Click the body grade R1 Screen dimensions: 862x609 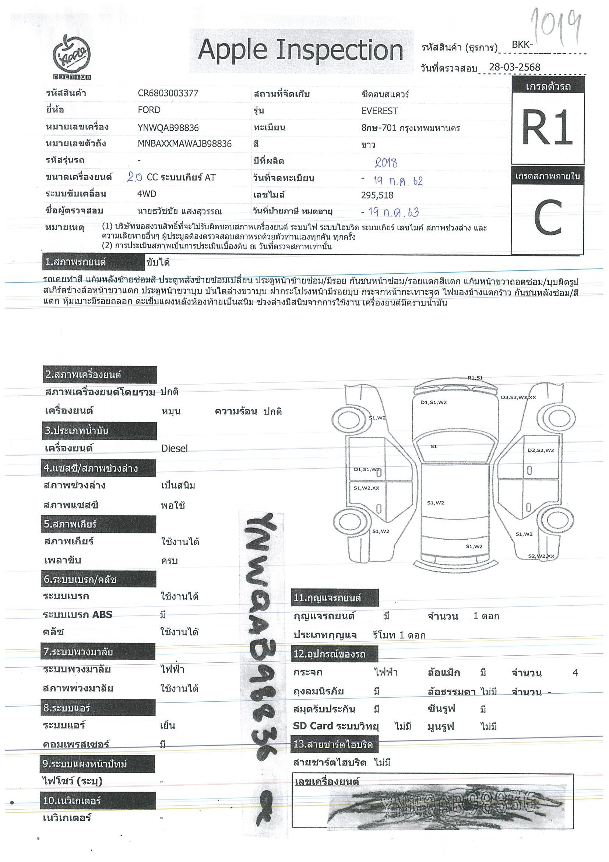point(547,128)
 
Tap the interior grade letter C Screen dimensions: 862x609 point(548,218)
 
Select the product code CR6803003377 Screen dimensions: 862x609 point(168,94)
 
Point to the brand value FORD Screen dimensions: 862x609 point(149,110)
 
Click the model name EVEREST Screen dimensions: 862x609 point(379,111)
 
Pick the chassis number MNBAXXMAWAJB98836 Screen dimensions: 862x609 point(184,144)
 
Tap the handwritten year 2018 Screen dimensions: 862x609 point(386,162)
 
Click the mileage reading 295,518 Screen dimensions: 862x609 point(377,195)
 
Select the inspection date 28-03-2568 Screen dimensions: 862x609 point(514,67)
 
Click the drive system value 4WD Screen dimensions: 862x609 point(147,194)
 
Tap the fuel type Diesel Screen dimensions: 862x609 point(174,448)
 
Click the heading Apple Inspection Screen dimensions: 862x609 point(300,50)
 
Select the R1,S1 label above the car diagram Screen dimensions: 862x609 point(475,378)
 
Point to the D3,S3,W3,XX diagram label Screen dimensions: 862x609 point(518,397)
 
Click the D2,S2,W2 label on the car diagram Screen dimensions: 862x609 point(541,450)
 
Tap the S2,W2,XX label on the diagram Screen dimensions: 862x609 point(541,556)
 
